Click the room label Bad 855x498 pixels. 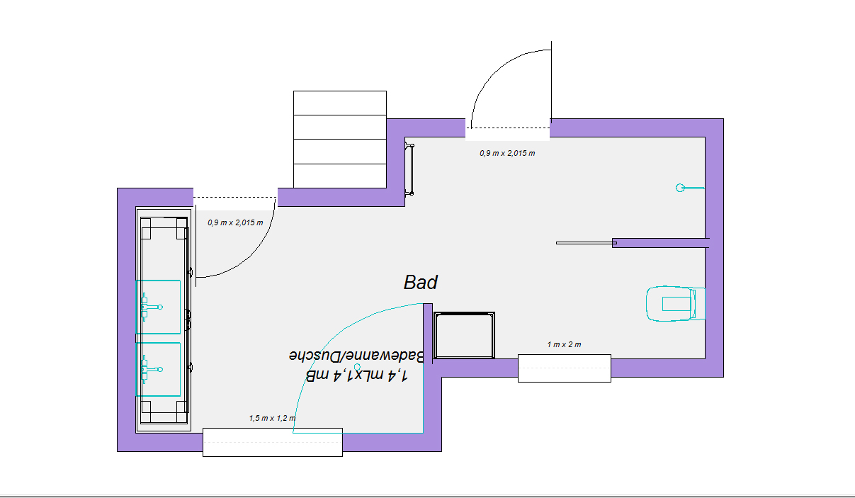421,283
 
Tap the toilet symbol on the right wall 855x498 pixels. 675,304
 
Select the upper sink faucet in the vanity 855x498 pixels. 152,307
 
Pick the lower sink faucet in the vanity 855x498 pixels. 152,369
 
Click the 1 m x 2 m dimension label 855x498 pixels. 564,344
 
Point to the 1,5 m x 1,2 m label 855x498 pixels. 272,418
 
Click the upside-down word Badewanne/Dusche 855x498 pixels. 356,356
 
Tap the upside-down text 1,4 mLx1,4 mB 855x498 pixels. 356,375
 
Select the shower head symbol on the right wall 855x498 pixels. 690,188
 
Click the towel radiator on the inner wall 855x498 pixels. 410,169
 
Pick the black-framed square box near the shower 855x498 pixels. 464,335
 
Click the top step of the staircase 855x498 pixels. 340,103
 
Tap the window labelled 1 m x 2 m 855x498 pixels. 564,368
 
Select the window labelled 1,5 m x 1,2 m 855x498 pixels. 273,442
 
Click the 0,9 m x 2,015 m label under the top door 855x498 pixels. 507,154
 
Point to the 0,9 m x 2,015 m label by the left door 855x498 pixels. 235,222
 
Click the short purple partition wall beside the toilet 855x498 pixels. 661,243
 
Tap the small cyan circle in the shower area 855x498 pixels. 357,367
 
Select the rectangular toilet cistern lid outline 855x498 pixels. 676,304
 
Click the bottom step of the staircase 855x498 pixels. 340,176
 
